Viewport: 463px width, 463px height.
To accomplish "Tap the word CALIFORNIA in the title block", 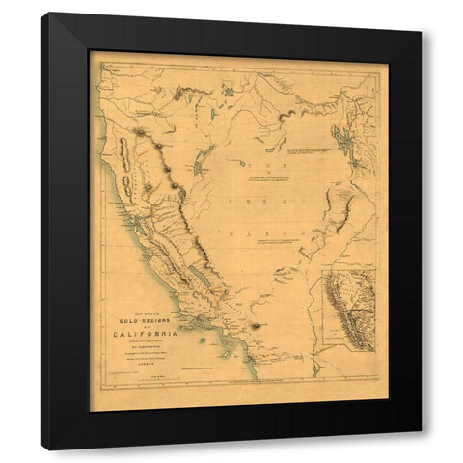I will pyautogui.click(x=161, y=335).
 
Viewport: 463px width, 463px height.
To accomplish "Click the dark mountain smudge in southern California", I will pyautogui.click(x=255, y=326).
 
